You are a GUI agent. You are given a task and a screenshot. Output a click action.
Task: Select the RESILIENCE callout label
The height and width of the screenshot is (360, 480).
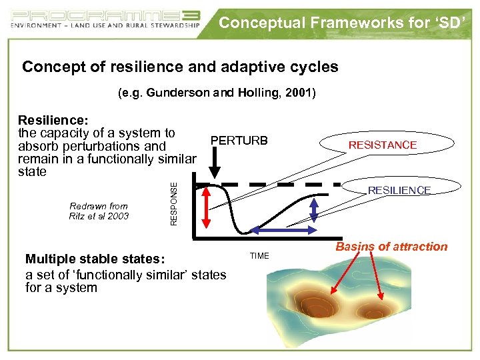pyautogui.click(x=399, y=190)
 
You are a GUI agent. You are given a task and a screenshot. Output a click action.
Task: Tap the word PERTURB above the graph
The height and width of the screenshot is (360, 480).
pyautogui.click(x=239, y=141)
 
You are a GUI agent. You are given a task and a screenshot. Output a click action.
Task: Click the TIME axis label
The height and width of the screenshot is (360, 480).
pyautogui.click(x=259, y=255)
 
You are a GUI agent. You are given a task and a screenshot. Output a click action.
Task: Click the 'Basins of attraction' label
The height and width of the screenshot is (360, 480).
pyautogui.click(x=391, y=247)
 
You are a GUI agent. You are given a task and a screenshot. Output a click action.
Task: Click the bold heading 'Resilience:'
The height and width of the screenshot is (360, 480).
pyautogui.click(x=53, y=120)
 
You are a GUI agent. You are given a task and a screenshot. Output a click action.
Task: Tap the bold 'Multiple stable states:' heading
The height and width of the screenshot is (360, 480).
pyautogui.click(x=98, y=259)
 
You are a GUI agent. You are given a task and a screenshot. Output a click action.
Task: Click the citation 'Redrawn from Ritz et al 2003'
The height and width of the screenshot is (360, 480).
pyautogui.click(x=99, y=211)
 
